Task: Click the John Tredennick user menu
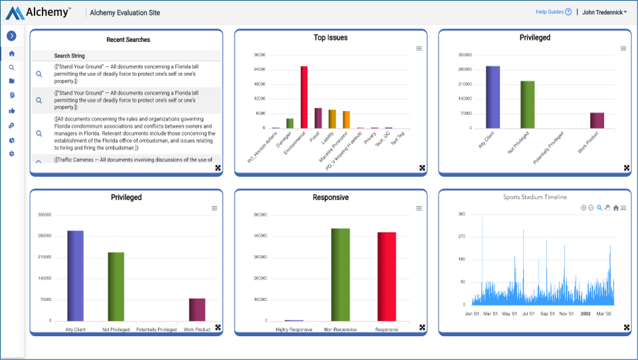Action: pyautogui.click(x=604, y=12)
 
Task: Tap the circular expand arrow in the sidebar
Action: pyautogui.click(x=11, y=36)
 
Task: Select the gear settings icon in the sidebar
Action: pyautogui.click(x=11, y=154)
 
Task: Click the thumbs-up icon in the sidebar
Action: pyautogui.click(x=11, y=111)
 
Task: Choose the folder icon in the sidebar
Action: pyautogui.click(x=11, y=81)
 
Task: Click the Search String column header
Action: pyautogui.click(x=69, y=56)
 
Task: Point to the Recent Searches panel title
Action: pyautogui.click(x=128, y=40)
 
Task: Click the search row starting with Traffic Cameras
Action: pyautogui.click(x=133, y=159)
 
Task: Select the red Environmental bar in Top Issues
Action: pyautogui.click(x=304, y=97)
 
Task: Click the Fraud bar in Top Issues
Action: pyautogui.click(x=318, y=118)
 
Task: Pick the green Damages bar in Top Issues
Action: pyautogui.click(x=290, y=123)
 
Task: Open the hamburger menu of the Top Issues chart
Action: pyautogui.click(x=419, y=48)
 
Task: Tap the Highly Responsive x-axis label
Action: pyautogui.click(x=294, y=329)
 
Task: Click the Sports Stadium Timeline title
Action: pyautogui.click(x=534, y=197)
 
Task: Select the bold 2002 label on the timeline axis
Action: pyautogui.click(x=585, y=314)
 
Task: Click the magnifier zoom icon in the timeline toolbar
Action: pyautogui.click(x=599, y=208)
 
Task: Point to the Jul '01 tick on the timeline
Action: pyautogui.click(x=528, y=314)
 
